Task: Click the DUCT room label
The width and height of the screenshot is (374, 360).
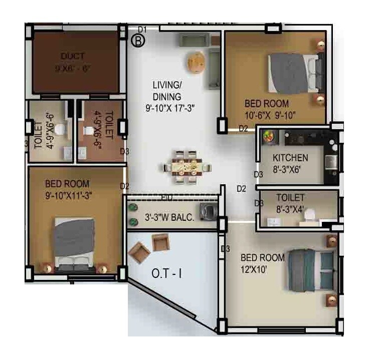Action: click(73, 56)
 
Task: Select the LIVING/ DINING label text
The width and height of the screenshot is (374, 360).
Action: click(167, 90)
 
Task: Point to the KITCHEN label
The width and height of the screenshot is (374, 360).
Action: click(290, 158)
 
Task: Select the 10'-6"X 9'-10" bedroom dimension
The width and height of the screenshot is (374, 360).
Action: click(270, 116)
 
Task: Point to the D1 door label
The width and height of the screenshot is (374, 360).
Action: click(142, 30)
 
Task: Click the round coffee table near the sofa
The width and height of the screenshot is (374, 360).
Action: click(196, 63)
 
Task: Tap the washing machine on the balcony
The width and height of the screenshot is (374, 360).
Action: click(207, 212)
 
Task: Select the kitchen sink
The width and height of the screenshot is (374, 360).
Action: click(331, 162)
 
